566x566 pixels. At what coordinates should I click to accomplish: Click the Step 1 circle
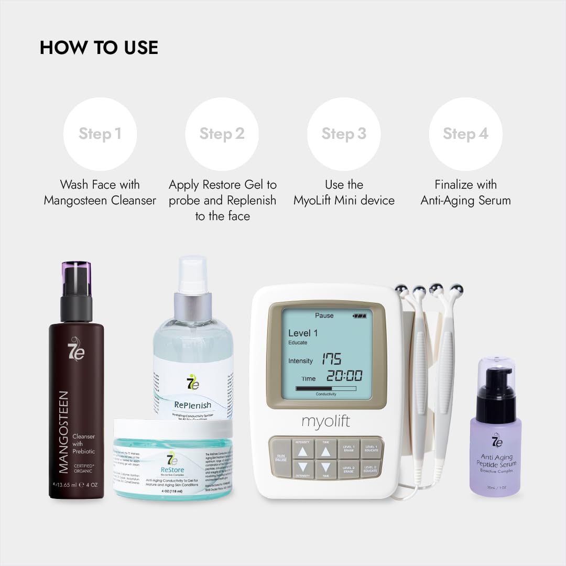click(100, 134)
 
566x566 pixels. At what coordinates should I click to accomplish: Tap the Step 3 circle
click(344, 134)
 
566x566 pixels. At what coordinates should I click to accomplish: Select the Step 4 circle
click(465, 134)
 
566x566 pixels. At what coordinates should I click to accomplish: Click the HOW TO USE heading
click(99, 48)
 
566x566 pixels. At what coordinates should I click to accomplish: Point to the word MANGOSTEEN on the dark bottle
click(63, 432)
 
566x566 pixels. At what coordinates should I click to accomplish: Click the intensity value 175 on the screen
click(331, 360)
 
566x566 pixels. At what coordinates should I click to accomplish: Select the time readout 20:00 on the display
click(344, 376)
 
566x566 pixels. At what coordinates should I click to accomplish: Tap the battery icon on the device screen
click(360, 316)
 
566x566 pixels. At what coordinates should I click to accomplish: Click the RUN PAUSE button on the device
click(281, 457)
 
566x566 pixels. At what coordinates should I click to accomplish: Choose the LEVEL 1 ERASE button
click(348, 449)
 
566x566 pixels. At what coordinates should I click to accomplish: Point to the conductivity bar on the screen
click(325, 389)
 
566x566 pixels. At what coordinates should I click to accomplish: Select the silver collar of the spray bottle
click(193, 306)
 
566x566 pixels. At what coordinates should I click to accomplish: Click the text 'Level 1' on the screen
click(303, 333)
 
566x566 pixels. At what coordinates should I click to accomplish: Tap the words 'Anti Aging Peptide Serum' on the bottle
click(496, 461)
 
